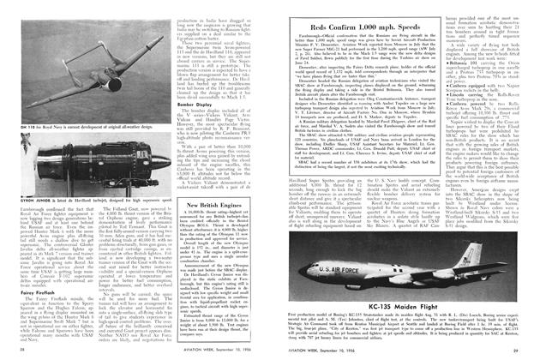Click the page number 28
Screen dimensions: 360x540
[21, 351]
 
